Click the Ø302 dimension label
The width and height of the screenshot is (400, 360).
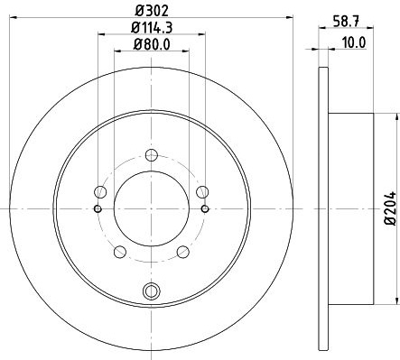pos(152,11)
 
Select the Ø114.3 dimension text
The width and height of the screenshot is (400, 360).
pos(152,28)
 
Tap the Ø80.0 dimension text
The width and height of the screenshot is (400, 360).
pos(152,45)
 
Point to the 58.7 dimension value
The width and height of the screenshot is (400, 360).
pos(346,22)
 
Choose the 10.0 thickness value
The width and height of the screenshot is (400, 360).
pos(354,42)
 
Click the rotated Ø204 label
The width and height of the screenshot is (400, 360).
pos(391,208)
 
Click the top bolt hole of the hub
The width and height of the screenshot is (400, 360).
pos(152,155)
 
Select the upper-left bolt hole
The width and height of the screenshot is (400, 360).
pos(100,192)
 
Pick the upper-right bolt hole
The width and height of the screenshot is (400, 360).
pos(202,192)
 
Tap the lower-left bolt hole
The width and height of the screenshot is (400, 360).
pos(120,252)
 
